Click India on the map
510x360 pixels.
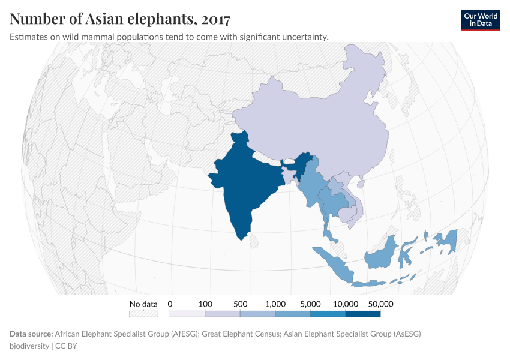[x=243, y=186]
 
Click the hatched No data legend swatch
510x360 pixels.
[x=143, y=313]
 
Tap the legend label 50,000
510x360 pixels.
[x=380, y=304]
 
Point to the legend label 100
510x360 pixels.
[x=205, y=304]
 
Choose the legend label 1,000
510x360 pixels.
[x=275, y=304]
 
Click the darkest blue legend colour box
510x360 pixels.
[x=363, y=313]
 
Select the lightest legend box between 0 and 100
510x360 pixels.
[x=187, y=313]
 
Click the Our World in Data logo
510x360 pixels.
[x=481, y=20]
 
